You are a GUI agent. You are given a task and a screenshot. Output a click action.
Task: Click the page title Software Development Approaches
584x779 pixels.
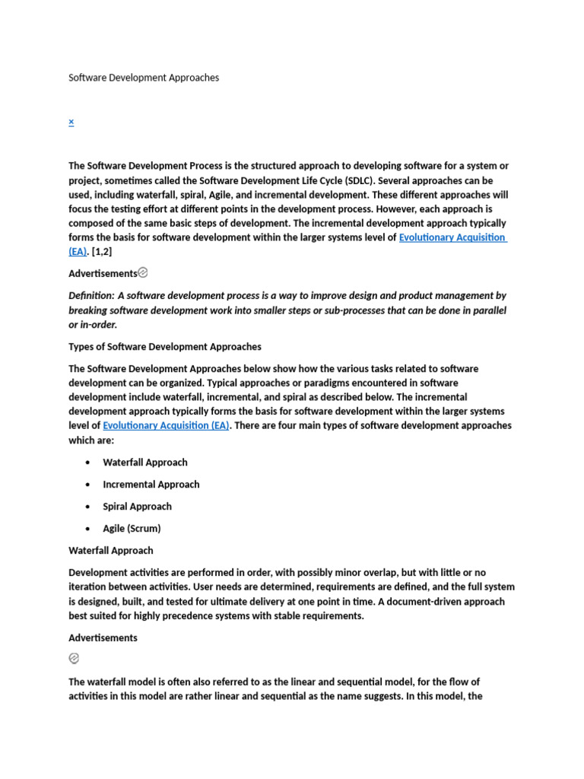point(144,78)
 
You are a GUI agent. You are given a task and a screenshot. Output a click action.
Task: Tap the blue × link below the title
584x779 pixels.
point(71,122)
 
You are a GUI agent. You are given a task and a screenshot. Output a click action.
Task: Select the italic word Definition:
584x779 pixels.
point(91,295)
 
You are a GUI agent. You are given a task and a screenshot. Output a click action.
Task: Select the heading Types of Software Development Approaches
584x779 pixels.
point(165,347)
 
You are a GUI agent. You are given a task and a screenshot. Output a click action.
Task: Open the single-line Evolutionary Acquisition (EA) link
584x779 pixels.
point(166,426)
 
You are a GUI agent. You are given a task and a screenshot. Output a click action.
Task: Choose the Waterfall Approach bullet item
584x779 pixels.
point(145,463)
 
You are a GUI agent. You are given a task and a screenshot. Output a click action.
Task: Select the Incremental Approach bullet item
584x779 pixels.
point(151,485)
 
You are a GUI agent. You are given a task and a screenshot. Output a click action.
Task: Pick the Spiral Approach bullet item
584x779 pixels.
point(137,507)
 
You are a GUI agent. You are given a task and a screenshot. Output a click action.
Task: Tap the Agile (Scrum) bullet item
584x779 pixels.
point(132,529)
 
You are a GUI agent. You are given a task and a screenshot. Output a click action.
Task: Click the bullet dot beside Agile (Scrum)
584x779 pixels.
point(88,529)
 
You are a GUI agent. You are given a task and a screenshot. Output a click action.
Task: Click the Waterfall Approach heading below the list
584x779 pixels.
point(111,551)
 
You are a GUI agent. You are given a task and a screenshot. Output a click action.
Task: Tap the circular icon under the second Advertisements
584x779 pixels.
point(74,659)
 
